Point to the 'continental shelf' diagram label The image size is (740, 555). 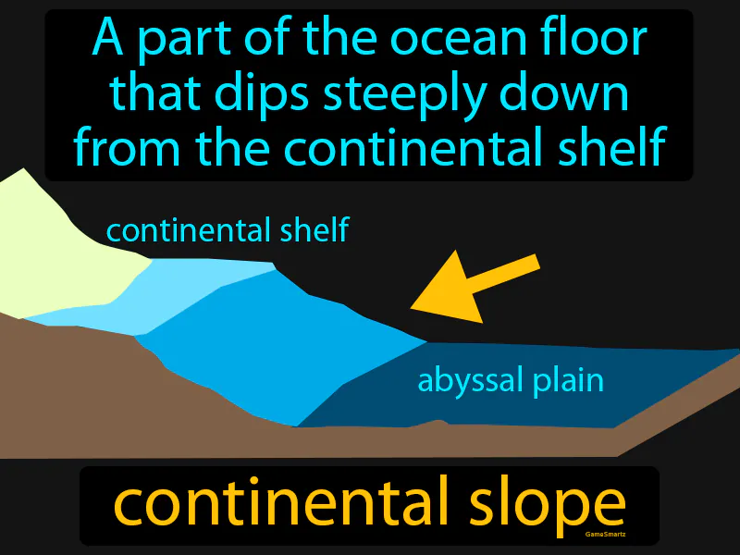pos(228,230)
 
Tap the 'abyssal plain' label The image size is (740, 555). pos(511,380)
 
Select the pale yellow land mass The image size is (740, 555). pos(55,250)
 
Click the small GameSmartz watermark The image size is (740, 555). pos(607,535)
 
